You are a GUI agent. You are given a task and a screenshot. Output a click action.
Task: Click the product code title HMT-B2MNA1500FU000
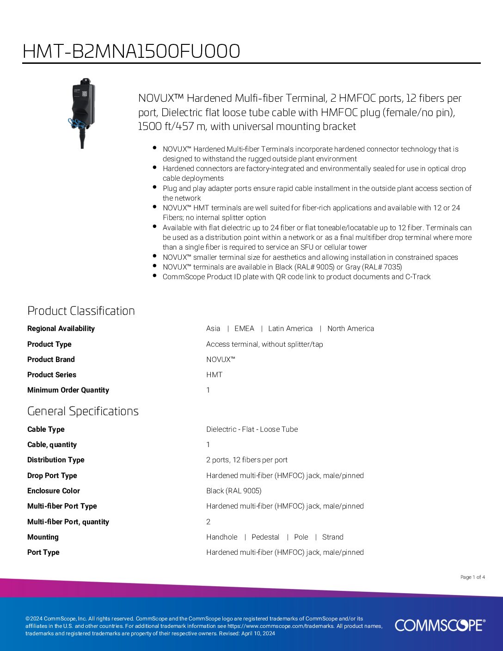coord(131,51)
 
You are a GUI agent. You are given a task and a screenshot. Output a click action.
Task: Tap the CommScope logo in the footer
coord(440,625)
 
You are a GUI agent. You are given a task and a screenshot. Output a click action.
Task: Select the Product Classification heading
coord(81,311)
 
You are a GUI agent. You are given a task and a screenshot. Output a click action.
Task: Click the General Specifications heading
coord(83,411)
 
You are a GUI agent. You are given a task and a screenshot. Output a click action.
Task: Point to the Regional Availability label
coord(61,328)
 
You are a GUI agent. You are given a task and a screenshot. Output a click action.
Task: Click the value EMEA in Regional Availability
coord(244,328)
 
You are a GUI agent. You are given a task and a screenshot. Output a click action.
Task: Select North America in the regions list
coord(350,328)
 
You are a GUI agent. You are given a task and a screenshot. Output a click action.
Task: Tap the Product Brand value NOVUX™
coord(221,359)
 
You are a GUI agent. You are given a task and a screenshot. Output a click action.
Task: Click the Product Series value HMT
coord(214,375)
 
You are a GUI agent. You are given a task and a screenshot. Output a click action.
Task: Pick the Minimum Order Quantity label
coord(68,390)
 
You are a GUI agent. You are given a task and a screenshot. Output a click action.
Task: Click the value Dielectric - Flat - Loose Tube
coord(252,429)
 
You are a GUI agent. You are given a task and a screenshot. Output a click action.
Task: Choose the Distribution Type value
coord(247,460)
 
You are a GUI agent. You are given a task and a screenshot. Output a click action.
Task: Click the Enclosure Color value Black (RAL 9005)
coord(234,491)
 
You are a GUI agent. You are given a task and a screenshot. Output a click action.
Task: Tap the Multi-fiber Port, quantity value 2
coord(208,522)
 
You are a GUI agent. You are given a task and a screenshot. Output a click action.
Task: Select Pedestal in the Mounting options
coord(265,537)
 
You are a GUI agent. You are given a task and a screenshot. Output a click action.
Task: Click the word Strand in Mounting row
coord(332,537)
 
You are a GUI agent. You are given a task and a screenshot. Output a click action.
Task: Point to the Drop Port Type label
coord(52,475)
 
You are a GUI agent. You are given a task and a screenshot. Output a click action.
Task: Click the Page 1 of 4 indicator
coord(472,577)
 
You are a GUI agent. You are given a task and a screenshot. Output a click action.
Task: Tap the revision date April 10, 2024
coord(258,633)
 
